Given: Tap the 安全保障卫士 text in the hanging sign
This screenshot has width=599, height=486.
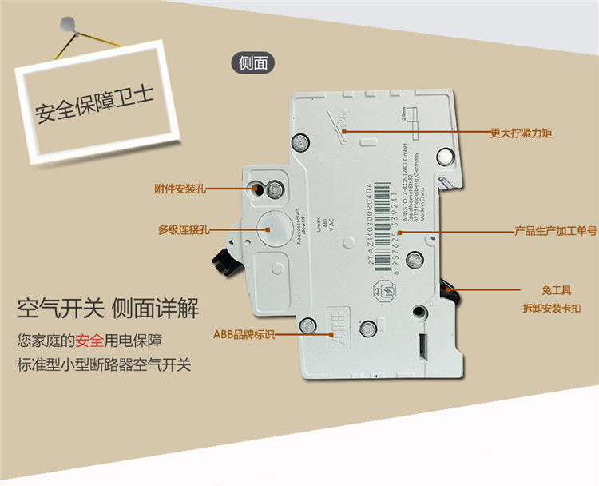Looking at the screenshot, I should tap(93, 106).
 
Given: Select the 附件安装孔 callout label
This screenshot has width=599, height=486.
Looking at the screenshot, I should tap(180, 189).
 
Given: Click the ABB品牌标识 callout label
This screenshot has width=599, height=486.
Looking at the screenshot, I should tap(243, 335).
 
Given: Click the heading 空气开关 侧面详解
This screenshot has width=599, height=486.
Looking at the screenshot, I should tap(108, 309).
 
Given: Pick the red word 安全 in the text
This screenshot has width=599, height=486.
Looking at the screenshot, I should tap(89, 341).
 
